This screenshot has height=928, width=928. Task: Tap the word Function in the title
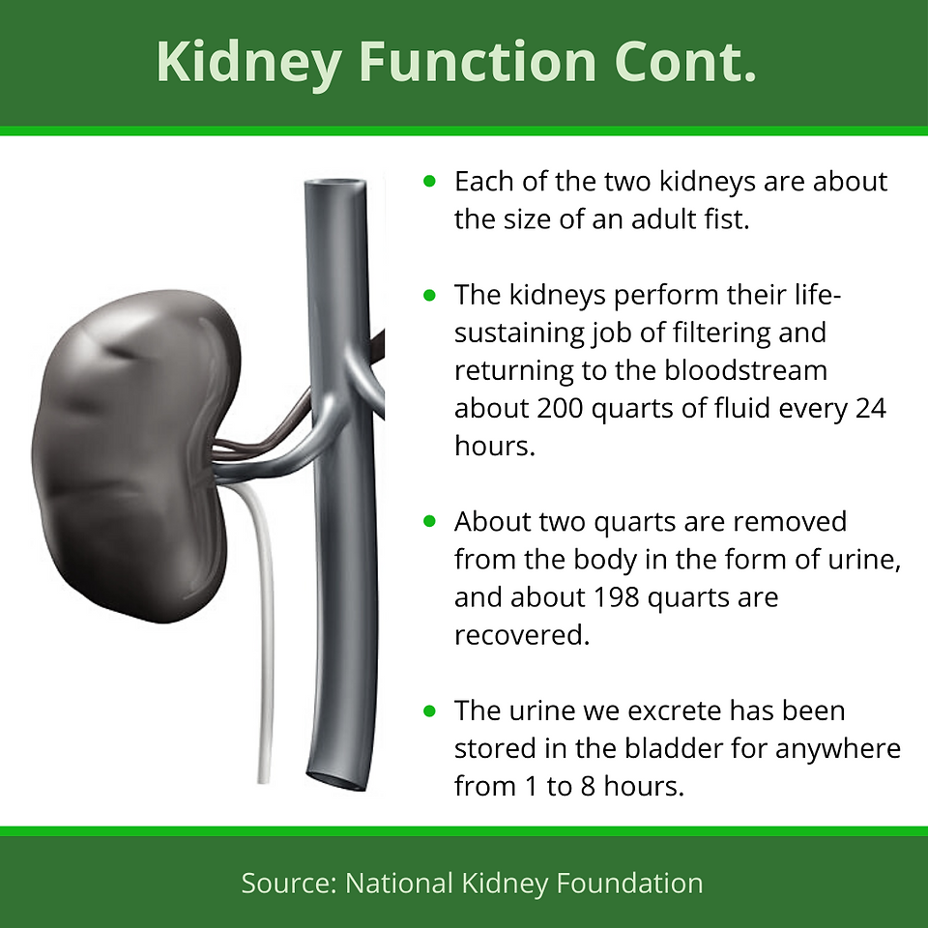click(478, 62)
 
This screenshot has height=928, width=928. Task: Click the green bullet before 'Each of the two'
click(429, 181)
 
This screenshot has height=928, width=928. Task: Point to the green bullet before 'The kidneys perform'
click(429, 294)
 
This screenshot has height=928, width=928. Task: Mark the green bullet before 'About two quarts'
click(429, 521)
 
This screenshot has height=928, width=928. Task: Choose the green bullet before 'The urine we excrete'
click(429, 710)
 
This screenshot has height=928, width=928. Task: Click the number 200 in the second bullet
click(560, 408)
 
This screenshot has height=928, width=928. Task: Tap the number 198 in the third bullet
click(616, 597)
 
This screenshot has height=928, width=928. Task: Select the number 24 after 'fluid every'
click(871, 408)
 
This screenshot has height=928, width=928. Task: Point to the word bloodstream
click(745, 370)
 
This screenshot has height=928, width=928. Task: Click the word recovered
click(522, 635)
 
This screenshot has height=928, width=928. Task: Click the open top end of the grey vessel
click(335, 185)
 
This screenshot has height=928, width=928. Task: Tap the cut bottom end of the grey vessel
click(337, 780)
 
